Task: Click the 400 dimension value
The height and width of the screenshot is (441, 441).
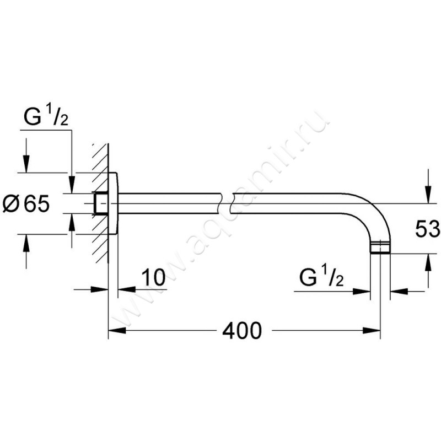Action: point(242,331)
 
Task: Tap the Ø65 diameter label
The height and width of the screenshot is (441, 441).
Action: point(26,203)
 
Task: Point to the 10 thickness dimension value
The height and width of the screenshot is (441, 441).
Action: point(153,277)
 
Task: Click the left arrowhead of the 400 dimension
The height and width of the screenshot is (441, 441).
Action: point(117,331)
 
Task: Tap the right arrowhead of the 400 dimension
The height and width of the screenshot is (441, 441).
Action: point(372,331)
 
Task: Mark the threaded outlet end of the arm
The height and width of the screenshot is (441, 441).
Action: point(380,247)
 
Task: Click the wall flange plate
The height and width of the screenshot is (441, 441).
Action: point(113,203)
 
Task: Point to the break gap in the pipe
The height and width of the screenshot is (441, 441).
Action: point(225,203)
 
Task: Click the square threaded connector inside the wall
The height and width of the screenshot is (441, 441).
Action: point(101,203)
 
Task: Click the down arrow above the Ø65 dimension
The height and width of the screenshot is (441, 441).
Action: point(26,164)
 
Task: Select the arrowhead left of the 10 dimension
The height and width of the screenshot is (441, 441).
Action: point(100,289)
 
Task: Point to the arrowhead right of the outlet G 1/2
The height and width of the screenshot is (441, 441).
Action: point(362,292)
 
